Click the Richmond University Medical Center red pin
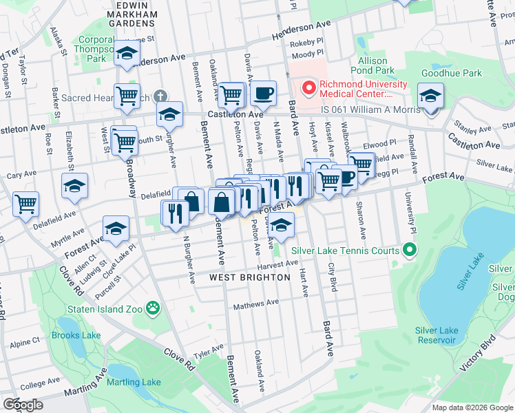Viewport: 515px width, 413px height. [x=309, y=88]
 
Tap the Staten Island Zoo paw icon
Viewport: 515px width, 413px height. [x=152, y=309]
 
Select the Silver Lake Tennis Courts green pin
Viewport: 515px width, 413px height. [x=410, y=250]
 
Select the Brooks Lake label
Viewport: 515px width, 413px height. [x=76, y=336]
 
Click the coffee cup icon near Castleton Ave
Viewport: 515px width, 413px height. [x=262, y=94]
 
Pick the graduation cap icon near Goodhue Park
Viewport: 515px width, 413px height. [x=430, y=96]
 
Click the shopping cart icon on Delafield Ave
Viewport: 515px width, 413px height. [x=25, y=203]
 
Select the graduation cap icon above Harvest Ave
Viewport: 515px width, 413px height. [x=281, y=224]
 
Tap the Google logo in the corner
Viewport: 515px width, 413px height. [x=23, y=405]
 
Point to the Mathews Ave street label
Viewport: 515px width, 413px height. [x=255, y=303]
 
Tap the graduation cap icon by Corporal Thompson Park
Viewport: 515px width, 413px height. [x=127, y=54]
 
